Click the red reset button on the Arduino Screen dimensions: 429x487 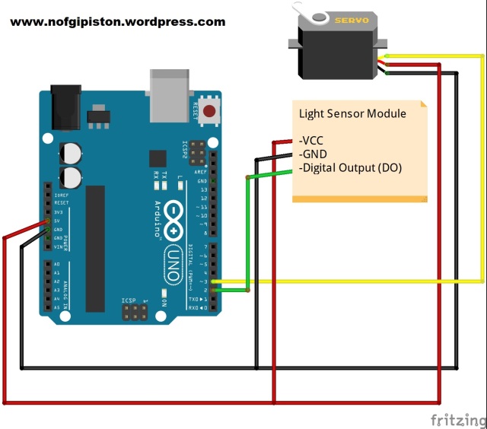pyautogui.click(x=208, y=114)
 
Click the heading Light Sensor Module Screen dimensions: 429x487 pyautogui.click(x=352, y=114)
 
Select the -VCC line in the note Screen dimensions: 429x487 pyautogui.click(x=312, y=141)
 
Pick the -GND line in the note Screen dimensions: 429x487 pyautogui.click(x=314, y=154)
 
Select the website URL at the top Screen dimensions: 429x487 pyautogui.click(x=118, y=22)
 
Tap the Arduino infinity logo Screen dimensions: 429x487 pyautogui.click(x=173, y=220)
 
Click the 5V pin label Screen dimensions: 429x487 pyautogui.click(x=58, y=221)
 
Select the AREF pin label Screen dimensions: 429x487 pyautogui.click(x=202, y=173)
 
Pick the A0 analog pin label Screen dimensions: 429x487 pyautogui.click(x=57, y=264)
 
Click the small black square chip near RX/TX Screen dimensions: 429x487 pyautogui.click(x=158, y=159)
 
